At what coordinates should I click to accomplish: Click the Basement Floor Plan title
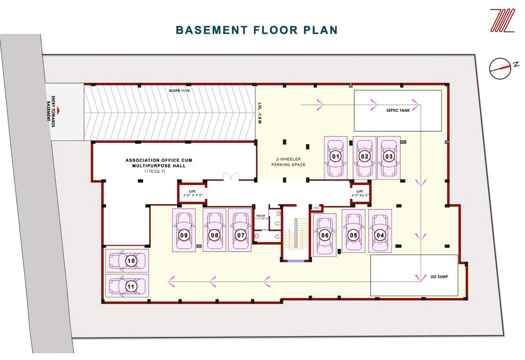click(257, 30)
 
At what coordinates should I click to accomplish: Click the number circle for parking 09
click(184, 235)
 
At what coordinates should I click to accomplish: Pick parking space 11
click(126, 285)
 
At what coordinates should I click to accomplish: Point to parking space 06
click(325, 235)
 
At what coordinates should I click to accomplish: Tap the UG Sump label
click(439, 277)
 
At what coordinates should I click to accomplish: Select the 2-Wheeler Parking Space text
click(288, 162)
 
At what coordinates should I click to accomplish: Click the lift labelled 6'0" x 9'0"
click(192, 193)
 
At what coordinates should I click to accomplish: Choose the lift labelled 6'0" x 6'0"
click(360, 193)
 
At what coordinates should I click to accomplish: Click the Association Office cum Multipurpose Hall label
click(159, 163)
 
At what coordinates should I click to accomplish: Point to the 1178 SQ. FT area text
click(155, 172)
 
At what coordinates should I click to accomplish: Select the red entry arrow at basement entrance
click(60, 111)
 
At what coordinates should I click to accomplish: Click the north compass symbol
click(500, 68)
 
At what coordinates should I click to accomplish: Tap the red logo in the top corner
click(502, 21)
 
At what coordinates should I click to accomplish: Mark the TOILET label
click(260, 216)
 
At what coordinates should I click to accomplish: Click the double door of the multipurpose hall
click(231, 176)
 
